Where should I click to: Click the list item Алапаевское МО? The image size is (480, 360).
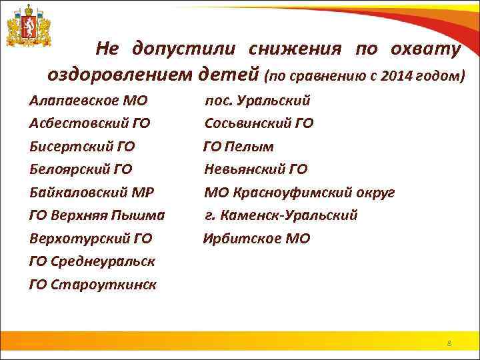(x=88, y=101)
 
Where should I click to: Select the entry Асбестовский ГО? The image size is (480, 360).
(x=89, y=123)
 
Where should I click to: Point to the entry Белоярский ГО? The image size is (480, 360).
(x=81, y=169)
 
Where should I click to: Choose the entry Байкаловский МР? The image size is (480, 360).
(x=91, y=193)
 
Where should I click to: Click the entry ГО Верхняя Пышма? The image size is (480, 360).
(x=97, y=215)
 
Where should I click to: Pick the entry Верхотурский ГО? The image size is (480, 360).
(x=91, y=238)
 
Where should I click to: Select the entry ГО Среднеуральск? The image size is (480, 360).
(x=92, y=261)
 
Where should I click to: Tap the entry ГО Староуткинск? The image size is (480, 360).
(x=93, y=285)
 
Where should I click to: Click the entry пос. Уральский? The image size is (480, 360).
(x=257, y=101)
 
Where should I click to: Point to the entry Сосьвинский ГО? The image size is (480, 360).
(x=259, y=123)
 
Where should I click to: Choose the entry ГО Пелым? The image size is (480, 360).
(x=239, y=146)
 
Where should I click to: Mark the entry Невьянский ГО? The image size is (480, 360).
(x=255, y=169)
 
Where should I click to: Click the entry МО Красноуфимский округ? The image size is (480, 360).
(x=299, y=193)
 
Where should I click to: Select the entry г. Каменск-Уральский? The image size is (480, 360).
(x=281, y=215)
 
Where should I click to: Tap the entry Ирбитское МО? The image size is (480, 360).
(x=257, y=238)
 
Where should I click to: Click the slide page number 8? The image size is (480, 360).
(x=449, y=343)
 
